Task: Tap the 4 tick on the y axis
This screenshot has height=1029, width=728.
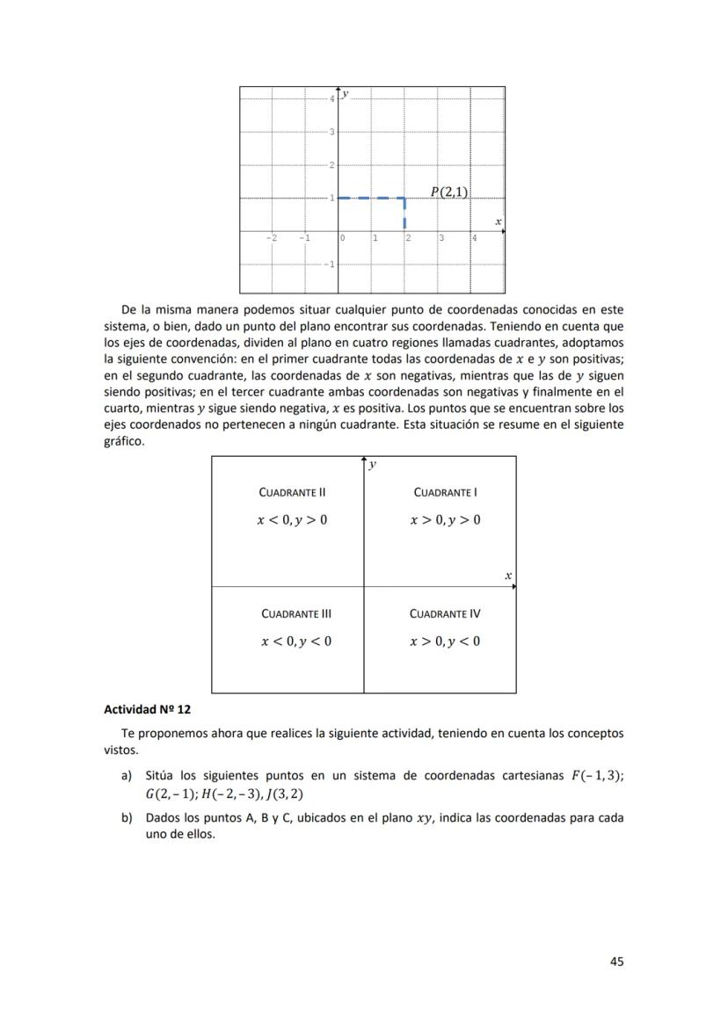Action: [x=332, y=98]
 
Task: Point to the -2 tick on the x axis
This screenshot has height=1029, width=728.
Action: [x=272, y=238]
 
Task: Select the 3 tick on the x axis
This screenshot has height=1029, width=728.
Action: [x=441, y=238]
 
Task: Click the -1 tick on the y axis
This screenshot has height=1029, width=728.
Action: [x=329, y=264]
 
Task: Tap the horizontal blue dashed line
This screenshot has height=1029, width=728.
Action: [x=371, y=198]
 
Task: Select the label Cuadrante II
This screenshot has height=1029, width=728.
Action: [x=293, y=492]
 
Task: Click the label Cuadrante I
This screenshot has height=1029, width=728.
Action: [x=445, y=492]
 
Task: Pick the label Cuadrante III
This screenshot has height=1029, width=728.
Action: [x=296, y=613]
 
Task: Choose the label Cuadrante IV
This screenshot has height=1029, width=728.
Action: [x=445, y=613]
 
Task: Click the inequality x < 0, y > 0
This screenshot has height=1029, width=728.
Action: [x=292, y=520]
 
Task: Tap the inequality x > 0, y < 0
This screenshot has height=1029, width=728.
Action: [x=445, y=641]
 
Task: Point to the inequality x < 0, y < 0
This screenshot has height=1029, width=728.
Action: [x=296, y=641]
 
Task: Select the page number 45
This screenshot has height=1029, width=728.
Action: [x=616, y=961]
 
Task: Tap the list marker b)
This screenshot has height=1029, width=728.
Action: [x=127, y=817]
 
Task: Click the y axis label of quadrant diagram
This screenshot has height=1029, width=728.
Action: [x=373, y=465]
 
